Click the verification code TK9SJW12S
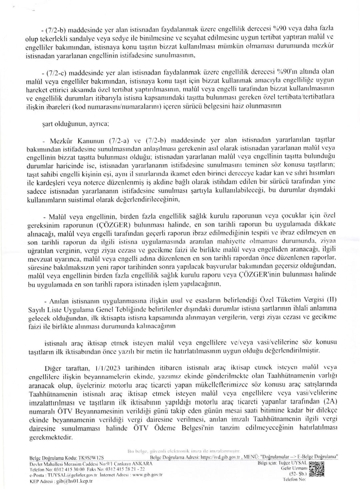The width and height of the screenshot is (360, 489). (x=91, y=458)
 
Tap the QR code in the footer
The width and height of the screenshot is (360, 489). (x=317, y=469)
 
